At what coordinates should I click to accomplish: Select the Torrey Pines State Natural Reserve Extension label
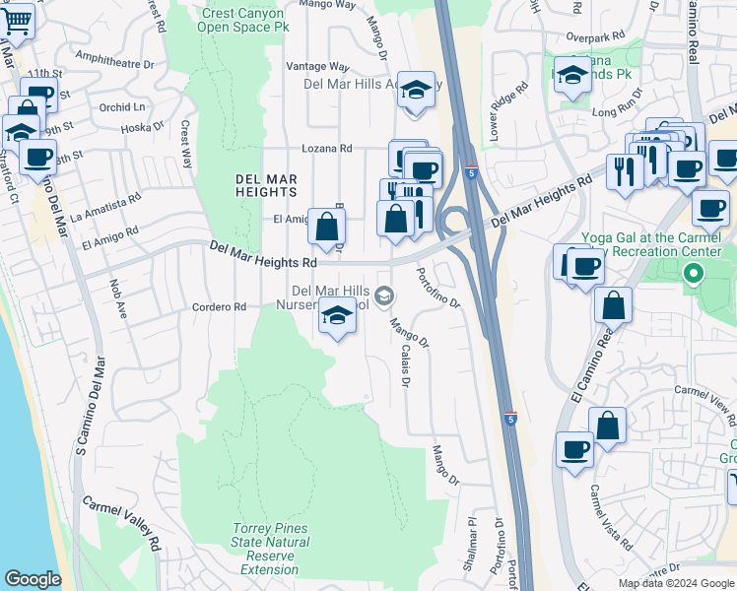[x=269, y=550]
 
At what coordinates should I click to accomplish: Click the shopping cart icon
[x=17, y=19]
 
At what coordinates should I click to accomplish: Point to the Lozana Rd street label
[x=326, y=149]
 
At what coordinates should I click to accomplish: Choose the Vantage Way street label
[x=317, y=66]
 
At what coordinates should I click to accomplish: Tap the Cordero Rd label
[x=219, y=307]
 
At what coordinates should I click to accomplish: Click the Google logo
[x=33, y=579]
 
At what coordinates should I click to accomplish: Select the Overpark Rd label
[x=596, y=36]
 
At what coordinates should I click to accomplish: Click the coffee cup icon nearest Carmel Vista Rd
[x=574, y=449]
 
